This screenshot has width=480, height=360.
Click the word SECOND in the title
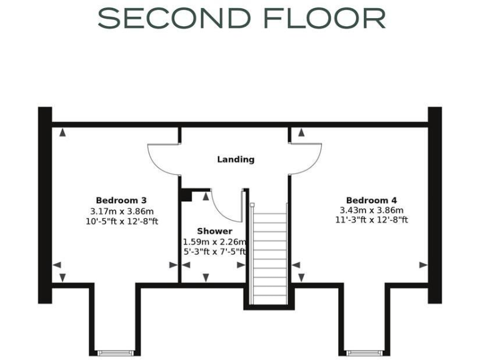coord(168,19)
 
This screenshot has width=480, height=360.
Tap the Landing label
coord(236,159)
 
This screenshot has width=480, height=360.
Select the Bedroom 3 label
coord(121,200)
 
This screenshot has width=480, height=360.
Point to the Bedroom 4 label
coord(371,200)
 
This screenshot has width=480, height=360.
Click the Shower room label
coord(214,231)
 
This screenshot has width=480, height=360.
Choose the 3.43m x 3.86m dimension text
coord(371,210)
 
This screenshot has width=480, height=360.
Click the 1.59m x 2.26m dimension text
coord(214,242)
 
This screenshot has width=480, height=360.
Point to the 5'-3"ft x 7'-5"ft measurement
coord(214,252)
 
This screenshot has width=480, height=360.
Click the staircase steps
coord(269,256)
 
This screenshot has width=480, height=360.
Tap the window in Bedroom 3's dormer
coord(116,353)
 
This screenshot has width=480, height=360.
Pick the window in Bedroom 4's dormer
coord(363,353)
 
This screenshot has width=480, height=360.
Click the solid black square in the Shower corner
coord(186,195)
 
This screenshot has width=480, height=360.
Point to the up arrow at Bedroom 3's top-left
coord(62,132)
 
